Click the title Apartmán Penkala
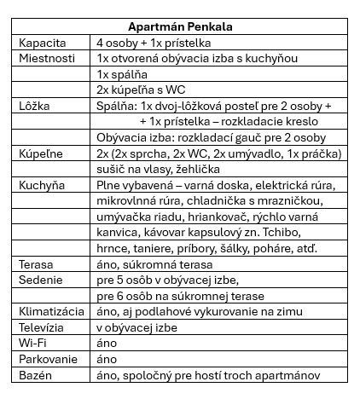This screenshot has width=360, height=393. tap(179, 27)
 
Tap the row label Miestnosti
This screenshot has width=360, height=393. tap(48, 58)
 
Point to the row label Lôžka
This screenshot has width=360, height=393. tap(34, 106)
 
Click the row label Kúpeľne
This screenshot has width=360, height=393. tap(40, 153)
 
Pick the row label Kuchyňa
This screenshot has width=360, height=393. tap(41, 185)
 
